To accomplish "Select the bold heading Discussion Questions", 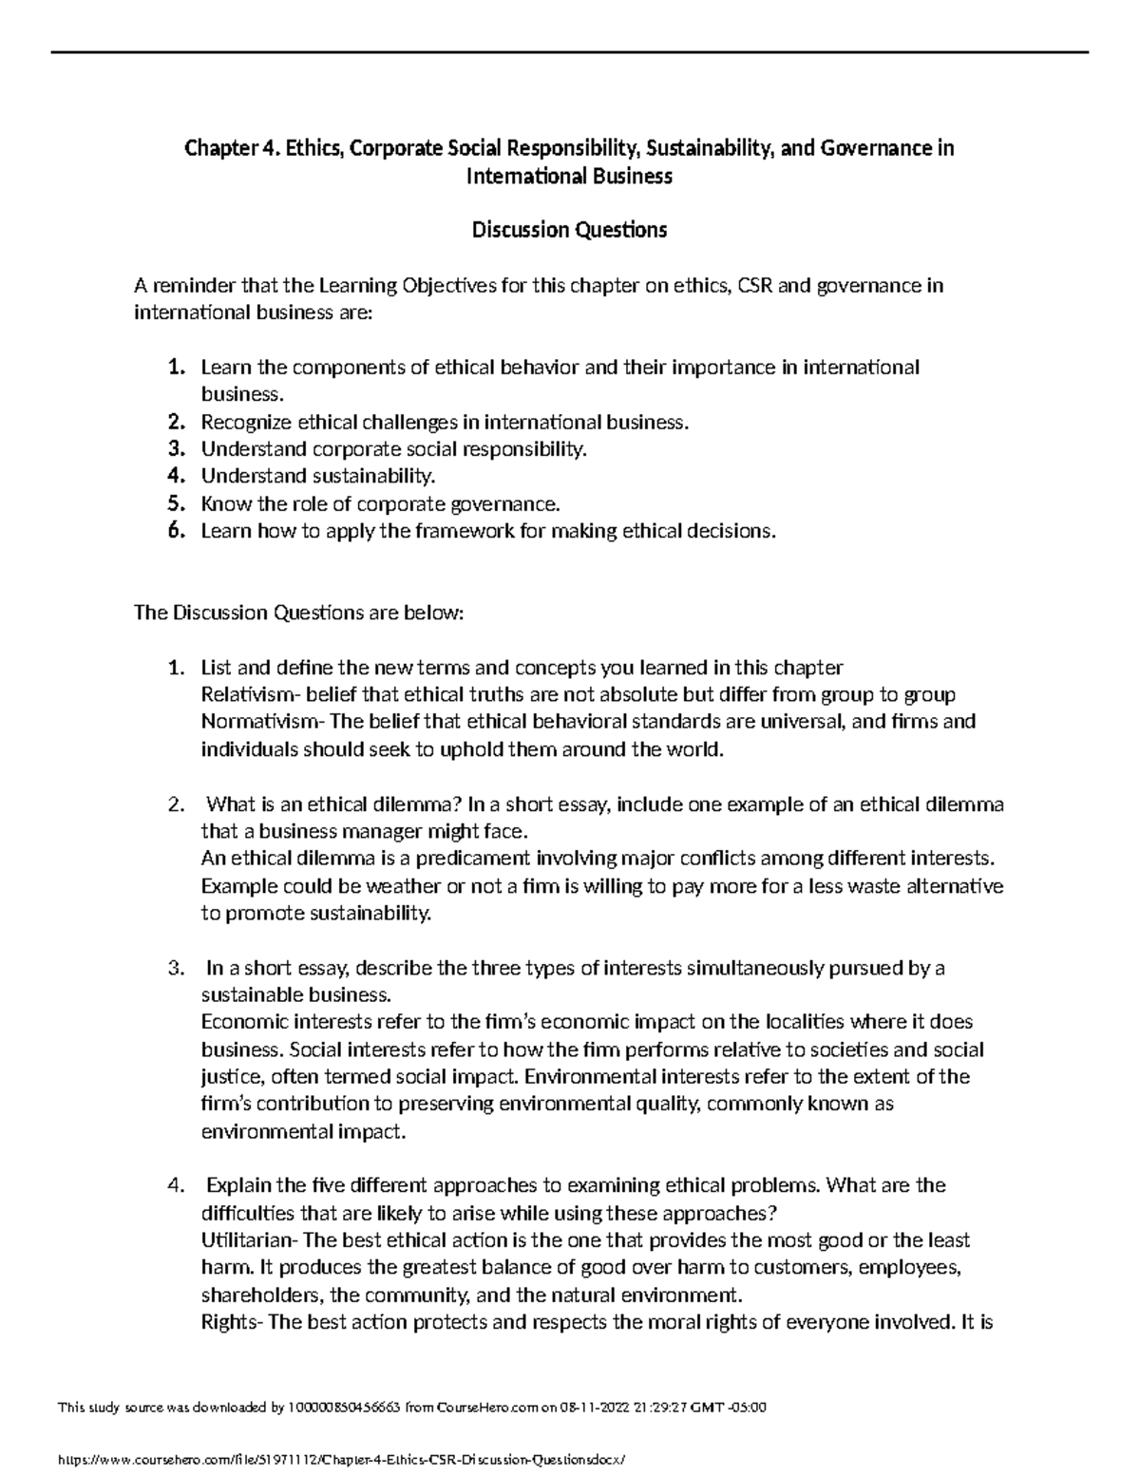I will pos(570,230).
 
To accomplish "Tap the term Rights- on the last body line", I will pos(233,1322).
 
